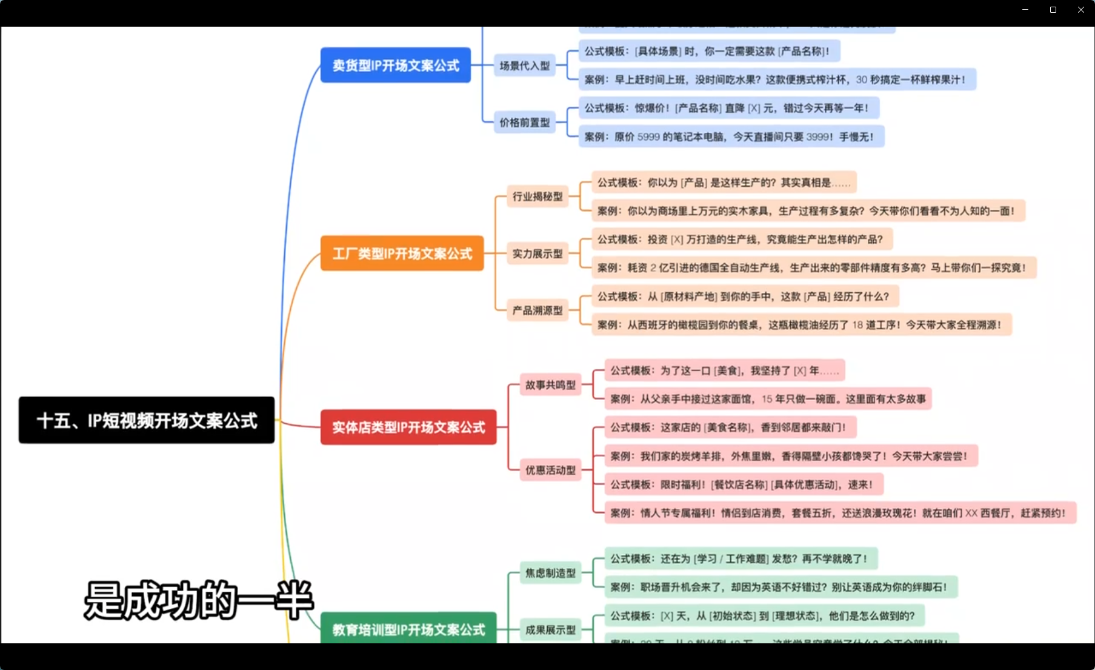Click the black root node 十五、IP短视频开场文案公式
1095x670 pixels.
click(146, 420)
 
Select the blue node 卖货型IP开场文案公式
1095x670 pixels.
click(395, 65)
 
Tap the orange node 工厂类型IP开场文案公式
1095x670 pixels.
click(402, 253)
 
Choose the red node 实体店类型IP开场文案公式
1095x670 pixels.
click(408, 427)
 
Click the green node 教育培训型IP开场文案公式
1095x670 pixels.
click(408, 629)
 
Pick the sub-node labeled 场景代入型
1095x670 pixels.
click(524, 65)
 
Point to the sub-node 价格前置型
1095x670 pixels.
click(524, 122)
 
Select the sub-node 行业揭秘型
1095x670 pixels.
click(538, 196)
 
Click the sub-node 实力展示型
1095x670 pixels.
click(538, 253)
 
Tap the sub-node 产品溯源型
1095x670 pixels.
click(538, 310)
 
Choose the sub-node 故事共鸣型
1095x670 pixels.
click(550, 385)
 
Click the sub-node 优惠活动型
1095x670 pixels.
click(550, 470)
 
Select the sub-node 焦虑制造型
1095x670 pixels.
click(550, 573)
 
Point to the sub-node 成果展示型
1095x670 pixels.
click(550, 630)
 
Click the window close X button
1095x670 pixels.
click(1080, 10)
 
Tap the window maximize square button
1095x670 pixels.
click(1053, 10)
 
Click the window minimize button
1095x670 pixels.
click(1025, 10)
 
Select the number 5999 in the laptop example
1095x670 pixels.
click(648, 137)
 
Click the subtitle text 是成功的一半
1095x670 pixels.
click(198, 600)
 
